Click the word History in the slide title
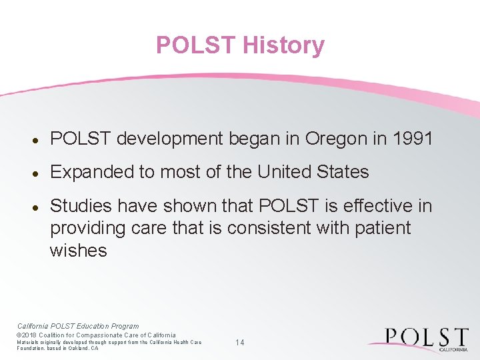[283, 45]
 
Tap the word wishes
[78, 251]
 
